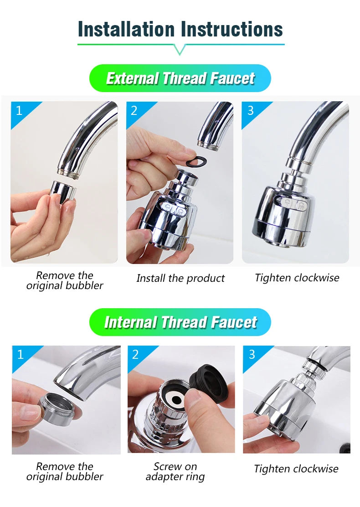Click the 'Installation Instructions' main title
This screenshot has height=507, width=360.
pos(180,29)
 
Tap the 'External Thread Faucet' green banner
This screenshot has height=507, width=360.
pos(180,78)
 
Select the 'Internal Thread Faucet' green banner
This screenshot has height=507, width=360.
pos(180,322)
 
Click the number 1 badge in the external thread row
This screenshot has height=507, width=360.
pos(19,110)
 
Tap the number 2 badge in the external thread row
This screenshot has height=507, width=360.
pos(134,110)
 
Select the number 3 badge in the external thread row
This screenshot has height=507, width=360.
pos(250,110)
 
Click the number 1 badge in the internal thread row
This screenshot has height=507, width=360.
pos(20,354)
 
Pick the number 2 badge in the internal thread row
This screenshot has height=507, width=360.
pos(135,354)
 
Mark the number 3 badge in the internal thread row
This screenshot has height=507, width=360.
pos(251,354)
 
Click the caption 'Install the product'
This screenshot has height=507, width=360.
pos(180,278)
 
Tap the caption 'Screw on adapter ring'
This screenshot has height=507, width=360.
pos(175,472)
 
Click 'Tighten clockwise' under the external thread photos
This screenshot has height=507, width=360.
pos(297,278)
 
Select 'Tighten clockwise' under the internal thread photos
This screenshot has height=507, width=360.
pos(296,469)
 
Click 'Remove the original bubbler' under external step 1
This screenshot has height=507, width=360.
pos(65,280)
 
